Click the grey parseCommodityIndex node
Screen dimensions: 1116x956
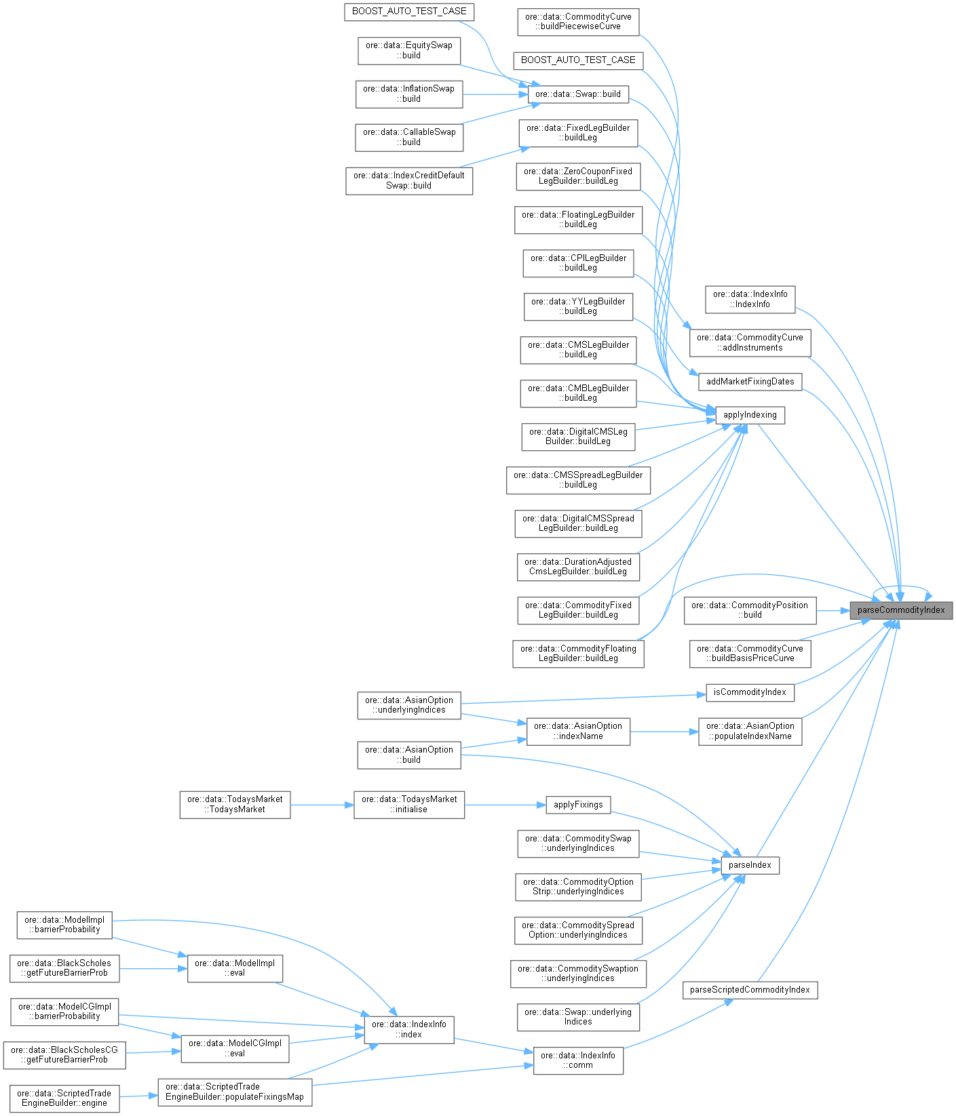coord(900,610)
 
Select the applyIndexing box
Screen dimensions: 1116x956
coord(750,415)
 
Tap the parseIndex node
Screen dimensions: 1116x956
coord(750,865)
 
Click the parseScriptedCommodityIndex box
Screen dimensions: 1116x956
coord(750,990)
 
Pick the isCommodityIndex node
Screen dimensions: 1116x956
coord(750,692)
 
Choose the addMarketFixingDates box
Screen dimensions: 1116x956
coord(750,382)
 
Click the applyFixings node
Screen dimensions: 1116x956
coord(578,805)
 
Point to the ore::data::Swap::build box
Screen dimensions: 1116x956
coord(578,94)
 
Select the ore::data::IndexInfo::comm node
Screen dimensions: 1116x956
coord(578,1060)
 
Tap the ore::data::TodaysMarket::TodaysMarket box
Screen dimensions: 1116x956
coord(235,804)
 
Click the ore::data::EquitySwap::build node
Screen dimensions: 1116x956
coord(409,51)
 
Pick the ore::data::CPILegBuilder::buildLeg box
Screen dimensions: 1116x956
coord(578,263)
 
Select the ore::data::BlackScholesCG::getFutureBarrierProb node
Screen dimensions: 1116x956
coord(64,1055)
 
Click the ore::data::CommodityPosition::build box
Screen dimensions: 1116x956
coord(750,610)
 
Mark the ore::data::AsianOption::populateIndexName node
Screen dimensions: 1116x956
coord(750,731)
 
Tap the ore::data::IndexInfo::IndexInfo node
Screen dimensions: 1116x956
coord(750,299)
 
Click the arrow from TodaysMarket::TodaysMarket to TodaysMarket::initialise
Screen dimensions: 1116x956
coord(322,805)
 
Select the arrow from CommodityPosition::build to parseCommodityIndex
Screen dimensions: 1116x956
coord(833,610)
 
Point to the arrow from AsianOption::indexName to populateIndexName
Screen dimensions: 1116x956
coord(664,732)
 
